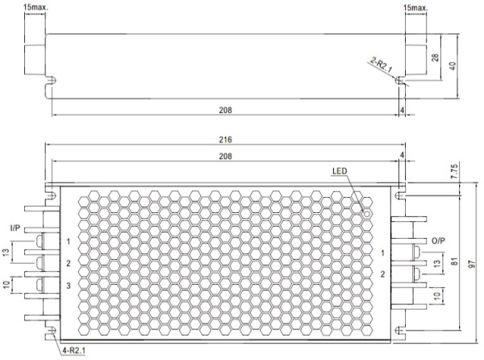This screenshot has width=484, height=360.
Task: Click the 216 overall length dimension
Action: [x=225, y=140]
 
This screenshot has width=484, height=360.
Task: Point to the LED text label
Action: [x=340, y=171]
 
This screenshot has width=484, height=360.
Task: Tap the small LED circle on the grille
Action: [x=367, y=213]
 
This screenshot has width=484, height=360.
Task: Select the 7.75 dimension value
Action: [x=455, y=171]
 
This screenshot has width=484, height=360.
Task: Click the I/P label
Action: [x=15, y=228]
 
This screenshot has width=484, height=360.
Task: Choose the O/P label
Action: [x=438, y=241]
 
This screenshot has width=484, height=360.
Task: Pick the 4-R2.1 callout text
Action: [x=73, y=350]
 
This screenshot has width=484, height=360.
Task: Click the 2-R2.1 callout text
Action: [x=382, y=65]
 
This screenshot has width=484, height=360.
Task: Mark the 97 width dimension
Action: [x=472, y=264]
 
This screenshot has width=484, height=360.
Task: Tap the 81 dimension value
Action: [x=455, y=262]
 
